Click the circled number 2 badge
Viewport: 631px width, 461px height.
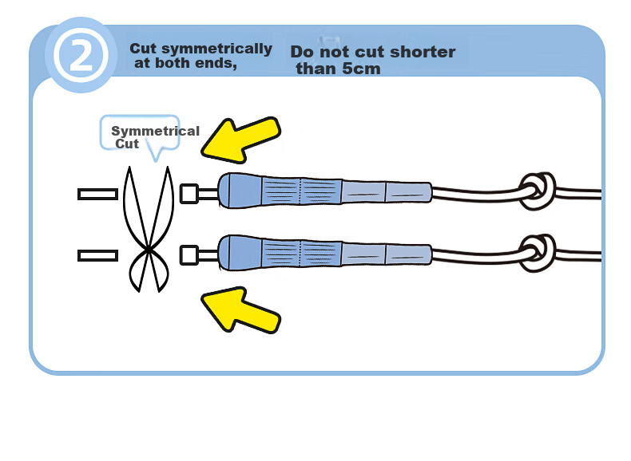pos(81,55)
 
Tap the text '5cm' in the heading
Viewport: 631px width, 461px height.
pos(360,69)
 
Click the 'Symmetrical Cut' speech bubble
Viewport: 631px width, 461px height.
pos(139,132)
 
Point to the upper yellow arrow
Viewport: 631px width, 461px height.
pos(240,140)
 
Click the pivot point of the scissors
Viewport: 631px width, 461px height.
pos(149,250)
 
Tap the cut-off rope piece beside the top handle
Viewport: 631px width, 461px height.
pos(97,194)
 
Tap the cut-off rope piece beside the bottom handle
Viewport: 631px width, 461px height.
pos(97,255)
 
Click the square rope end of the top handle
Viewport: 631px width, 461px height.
pos(189,194)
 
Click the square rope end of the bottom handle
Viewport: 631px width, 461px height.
pos(189,255)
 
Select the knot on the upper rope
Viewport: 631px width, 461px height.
pos(538,191)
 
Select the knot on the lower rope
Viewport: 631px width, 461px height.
pos(538,254)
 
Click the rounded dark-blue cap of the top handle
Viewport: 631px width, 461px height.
pos(240,191)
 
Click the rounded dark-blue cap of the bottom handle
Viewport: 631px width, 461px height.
pos(240,253)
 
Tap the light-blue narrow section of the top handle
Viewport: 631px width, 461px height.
pos(387,192)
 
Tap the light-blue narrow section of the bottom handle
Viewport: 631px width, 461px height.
pos(387,254)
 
